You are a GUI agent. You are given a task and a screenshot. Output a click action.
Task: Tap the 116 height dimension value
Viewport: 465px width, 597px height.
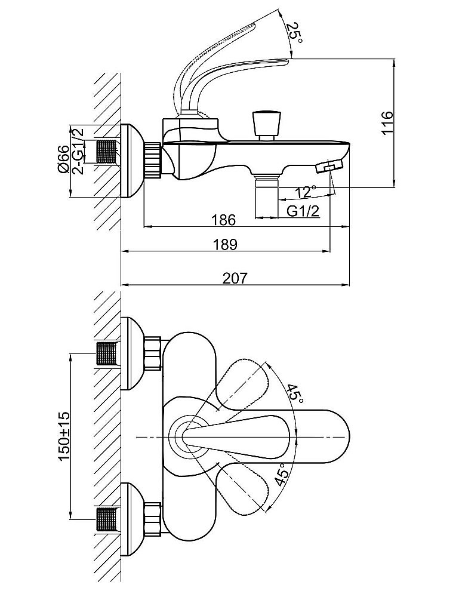(x=386, y=123)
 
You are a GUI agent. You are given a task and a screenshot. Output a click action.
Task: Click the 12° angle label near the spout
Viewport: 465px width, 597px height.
(x=306, y=192)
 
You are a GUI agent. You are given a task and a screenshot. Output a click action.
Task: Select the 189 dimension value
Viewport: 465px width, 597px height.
(x=225, y=244)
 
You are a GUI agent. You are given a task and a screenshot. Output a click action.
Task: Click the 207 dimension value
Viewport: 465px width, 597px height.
(x=234, y=277)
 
